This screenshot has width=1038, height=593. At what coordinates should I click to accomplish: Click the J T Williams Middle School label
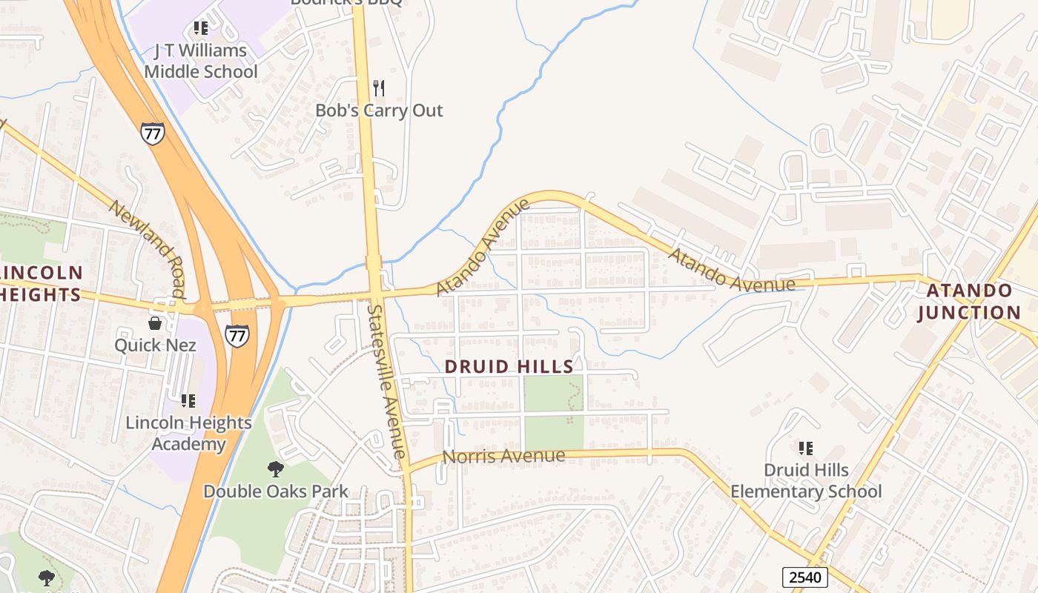coord(201,62)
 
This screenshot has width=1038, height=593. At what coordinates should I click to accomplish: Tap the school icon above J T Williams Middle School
coord(200,28)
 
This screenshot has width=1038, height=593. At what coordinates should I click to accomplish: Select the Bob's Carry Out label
coord(379,110)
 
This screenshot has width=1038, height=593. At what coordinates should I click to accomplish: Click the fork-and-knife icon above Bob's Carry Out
coord(379,88)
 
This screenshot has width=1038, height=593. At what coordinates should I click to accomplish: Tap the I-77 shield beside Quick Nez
coord(237,335)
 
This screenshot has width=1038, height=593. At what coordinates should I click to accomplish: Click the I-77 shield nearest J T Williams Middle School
coord(152,133)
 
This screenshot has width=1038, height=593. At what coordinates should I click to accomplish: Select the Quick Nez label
coord(155,345)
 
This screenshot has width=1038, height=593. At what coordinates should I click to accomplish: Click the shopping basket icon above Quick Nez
coord(155,323)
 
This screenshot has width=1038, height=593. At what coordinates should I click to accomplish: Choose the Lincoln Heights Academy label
coord(188,433)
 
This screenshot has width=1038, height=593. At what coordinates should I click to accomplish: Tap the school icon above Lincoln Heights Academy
coord(188,401)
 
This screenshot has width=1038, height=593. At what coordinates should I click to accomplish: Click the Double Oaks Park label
coord(276,491)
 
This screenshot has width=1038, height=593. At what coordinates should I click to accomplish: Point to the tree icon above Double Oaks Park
coord(275,468)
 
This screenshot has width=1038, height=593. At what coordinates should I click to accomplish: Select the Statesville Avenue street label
coord(387,382)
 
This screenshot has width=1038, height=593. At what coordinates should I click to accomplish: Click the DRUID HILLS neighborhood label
coord(509,366)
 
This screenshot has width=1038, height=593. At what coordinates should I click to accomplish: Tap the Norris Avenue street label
coord(503,456)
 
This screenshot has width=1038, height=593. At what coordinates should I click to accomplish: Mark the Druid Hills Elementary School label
coord(806,480)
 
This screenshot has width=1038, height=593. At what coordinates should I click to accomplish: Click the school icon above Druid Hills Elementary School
coord(806,448)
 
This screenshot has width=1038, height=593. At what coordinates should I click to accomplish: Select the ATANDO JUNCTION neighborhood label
coord(969,301)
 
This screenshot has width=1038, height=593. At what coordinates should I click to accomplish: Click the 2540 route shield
coord(804,577)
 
